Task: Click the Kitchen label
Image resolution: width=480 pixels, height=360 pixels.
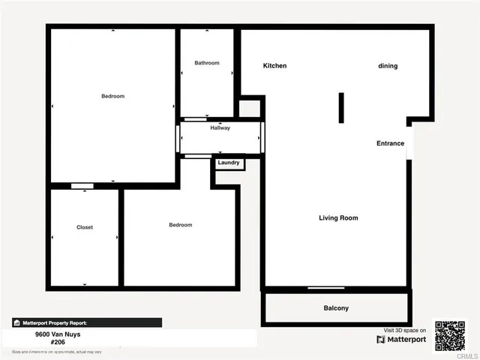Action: pyautogui.click(x=274, y=66)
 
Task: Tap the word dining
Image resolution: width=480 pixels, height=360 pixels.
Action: pyautogui.click(x=388, y=66)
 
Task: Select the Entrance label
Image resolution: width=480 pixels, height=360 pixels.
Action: pyautogui.click(x=390, y=143)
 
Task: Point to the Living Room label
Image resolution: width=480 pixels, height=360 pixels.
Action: pyautogui.click(x=338, y=218)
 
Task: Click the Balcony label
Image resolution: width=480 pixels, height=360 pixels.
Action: pyautogui.click(x=336, y=308)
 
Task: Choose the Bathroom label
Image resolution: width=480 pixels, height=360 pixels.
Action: pyautogui.click(x=207, y=63)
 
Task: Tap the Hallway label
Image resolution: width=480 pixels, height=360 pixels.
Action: pyautogui.click(x=220, y=128)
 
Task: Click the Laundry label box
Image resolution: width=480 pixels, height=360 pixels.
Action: pyautogui.click(x=229, y=163)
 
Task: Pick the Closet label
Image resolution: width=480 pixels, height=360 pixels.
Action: pyautogui.click(x=85, y=227)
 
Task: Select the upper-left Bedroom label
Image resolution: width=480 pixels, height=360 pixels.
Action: pyautogui.click(x=113, y=96)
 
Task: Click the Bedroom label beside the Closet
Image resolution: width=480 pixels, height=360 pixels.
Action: pyautogui.click(x=181, y=225)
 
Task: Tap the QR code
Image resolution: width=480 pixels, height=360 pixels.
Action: pyautogui.click(x=450, y=336)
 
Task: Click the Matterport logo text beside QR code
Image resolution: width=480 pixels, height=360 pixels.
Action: pyautogui.click(x=402, y=340)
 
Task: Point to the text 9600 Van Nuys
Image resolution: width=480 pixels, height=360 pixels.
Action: pyautogui.click(x=58, y=334)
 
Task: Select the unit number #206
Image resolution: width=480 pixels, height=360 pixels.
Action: pyautogui.click(x=58, y=342)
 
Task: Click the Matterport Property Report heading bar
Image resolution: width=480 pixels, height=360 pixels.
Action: pyautogui.click(x=87, y=322)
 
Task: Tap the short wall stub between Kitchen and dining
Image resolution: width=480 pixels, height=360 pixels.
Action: pyautogui.click(x=341, y=107)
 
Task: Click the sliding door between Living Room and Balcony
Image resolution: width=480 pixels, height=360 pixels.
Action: pyautogui.click(x=326, y=288)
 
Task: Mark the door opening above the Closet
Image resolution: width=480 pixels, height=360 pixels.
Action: pyautogui.click(x=82, y=186)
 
